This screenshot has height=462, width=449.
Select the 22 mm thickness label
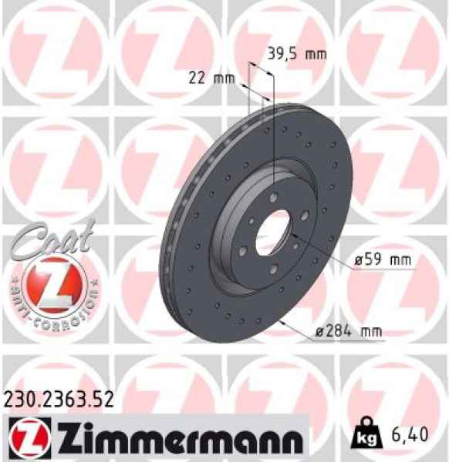pos(211,78)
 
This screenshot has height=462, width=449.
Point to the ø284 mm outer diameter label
pos(349,333)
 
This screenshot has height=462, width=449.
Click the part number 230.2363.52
pos(61,399)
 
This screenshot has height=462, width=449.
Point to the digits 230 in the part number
pos(19,399)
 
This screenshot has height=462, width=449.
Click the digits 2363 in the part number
pos(61,399)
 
